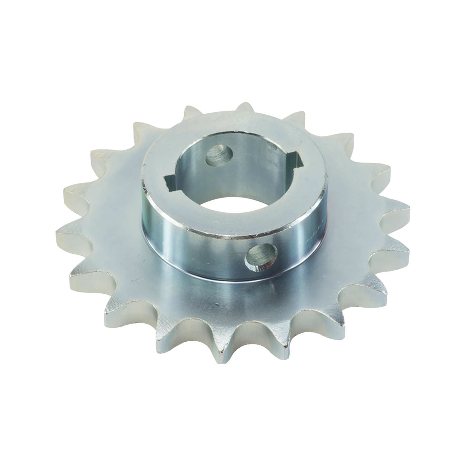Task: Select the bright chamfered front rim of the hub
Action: [217, 231]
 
